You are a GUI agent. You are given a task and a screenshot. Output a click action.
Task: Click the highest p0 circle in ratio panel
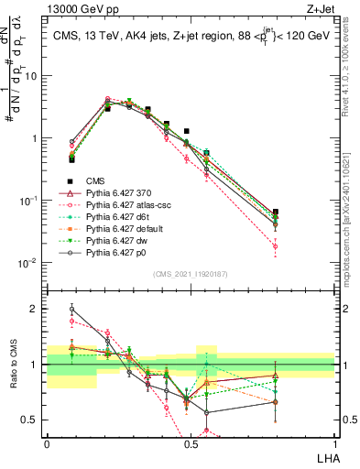click(x=72, y=309)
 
